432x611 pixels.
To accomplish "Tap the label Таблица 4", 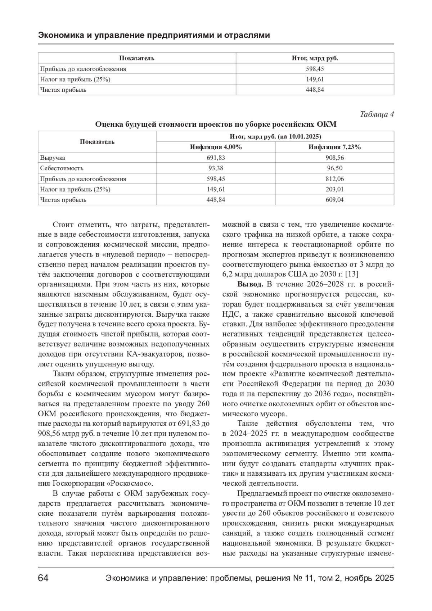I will [x=377, y=114].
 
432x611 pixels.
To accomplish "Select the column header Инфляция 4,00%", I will [x=216, y=147].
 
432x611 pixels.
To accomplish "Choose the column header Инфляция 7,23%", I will [x=334, y=147].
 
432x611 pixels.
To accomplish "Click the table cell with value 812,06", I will [x=334, y=179].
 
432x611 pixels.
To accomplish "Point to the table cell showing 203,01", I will [x=334, y=189].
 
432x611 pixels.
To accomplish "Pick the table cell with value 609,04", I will [x=334, y=200].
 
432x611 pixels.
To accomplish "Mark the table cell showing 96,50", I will [x=334, y=168].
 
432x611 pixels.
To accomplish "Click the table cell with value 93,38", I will [x=216, y=168].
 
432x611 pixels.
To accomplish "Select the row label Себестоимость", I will [x=62, y=168].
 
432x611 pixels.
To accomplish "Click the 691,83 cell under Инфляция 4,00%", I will [x=216, y=158].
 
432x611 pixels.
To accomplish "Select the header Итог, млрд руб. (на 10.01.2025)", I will [x=275, y=137].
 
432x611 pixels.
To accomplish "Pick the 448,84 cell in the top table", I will [x=315, y=90].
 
